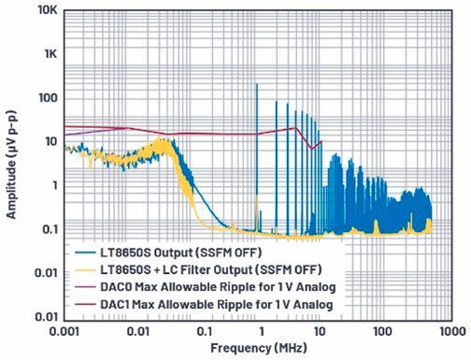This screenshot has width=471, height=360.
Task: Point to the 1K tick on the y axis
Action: point(50,54)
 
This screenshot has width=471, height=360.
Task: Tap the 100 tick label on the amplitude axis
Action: point(47,97)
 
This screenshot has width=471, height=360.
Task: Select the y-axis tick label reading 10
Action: point(50,141)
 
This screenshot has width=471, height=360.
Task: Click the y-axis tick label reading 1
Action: point(53,185)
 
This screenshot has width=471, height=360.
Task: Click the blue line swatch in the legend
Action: point(84,252)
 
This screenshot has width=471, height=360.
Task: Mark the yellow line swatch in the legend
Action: point(84,268)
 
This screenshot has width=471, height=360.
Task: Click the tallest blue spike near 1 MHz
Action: point(256,86)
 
